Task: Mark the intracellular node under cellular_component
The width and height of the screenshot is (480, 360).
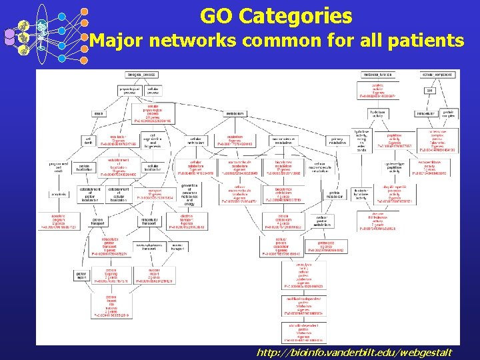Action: (x=425, y=113)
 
